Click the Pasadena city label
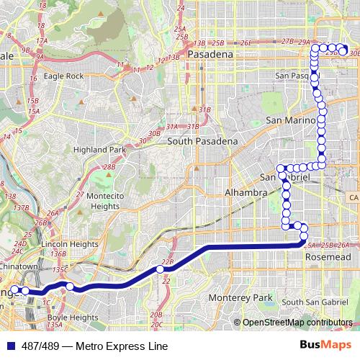[210, 55]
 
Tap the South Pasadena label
[202, 142]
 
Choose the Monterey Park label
[246, 297]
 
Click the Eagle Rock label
[84, 76]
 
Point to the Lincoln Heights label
[70, 244]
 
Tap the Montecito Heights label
[95, 201]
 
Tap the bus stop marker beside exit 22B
[161, 269]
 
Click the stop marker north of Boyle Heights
[70, 287]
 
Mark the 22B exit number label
[168, 262]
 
